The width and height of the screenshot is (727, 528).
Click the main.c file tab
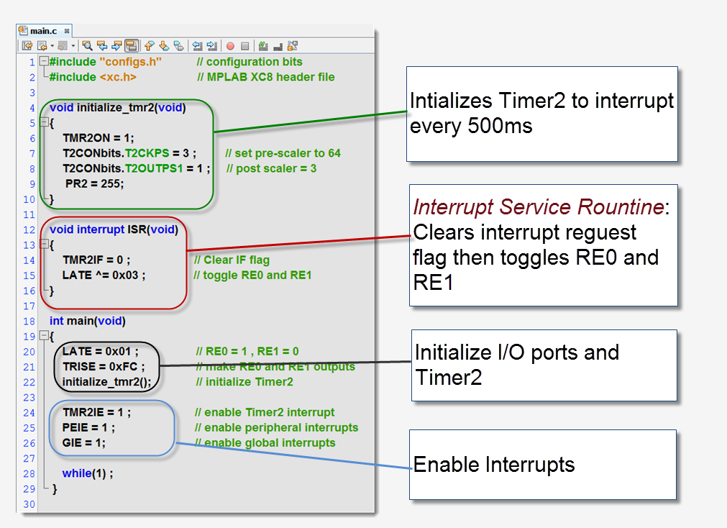click(x=42, y=31)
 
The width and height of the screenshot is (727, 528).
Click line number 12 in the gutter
click(x=30, y=229)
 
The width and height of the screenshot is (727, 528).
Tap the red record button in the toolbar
click(x=230, y=46)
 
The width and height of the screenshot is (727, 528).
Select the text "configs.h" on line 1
click(x=130, y=62)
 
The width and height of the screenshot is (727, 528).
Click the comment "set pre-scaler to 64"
click(x=283, y=153)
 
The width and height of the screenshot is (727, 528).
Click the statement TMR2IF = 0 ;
click(x=96, y=260)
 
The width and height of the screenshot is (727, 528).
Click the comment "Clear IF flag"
click(x=232, y=260)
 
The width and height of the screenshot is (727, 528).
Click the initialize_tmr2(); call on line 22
click(x=107, y=382)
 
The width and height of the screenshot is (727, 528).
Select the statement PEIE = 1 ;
click(x=88, y=428)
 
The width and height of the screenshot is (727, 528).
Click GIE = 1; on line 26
click(x=83, y=443)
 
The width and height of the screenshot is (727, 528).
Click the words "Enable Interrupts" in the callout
click(x=494, y=465)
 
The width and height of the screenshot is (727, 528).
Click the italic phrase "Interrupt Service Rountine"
click(x=537, y=208)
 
